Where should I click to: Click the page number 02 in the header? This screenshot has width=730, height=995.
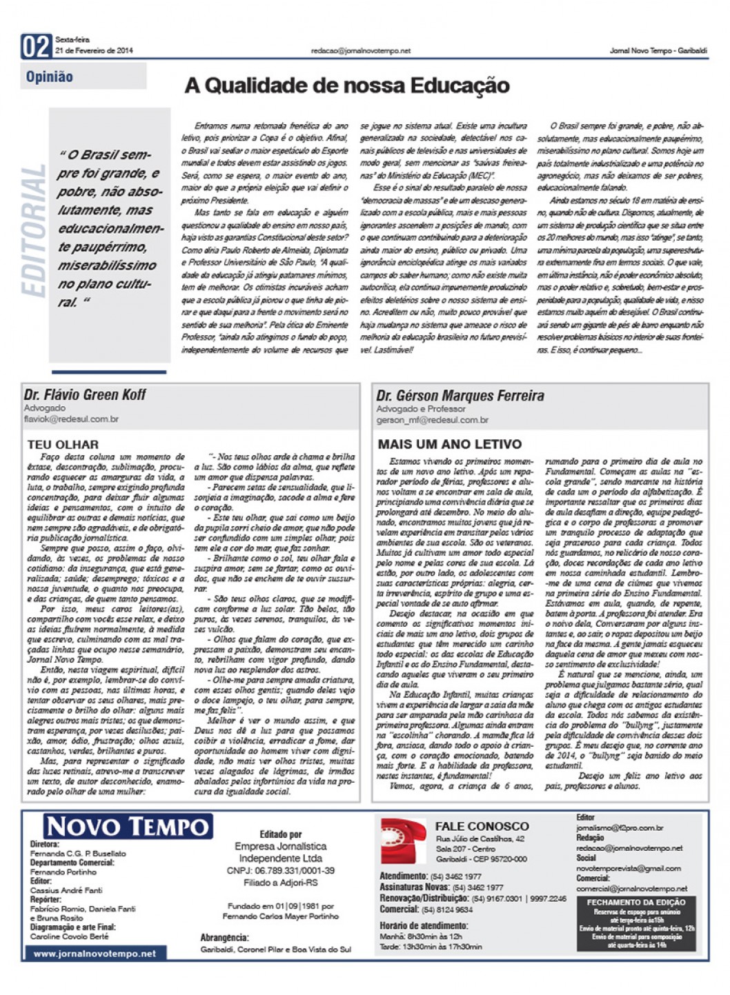[36, 46]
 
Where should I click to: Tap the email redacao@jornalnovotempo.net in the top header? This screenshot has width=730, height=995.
[360, 50]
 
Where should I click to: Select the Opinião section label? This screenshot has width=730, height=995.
[50, 77]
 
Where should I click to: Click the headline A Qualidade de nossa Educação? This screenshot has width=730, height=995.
[347, 86]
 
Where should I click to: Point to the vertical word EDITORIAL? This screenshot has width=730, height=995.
[34, 231]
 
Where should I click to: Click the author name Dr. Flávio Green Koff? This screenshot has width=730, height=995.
[85, 395]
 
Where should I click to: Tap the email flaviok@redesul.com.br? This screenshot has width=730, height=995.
[71, 419]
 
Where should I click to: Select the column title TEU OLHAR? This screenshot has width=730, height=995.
[63, 445]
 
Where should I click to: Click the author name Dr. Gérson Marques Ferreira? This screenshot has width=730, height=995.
[460, 396]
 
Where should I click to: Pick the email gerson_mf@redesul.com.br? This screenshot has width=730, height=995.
[432, 420]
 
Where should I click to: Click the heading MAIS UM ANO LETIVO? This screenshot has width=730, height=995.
[449, 444]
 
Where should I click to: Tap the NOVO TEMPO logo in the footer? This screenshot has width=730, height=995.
[128, 826]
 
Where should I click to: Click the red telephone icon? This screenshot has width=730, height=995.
[403, 841]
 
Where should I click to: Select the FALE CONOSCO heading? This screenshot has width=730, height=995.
[482, 826]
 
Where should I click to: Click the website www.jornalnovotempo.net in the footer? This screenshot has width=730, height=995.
[95, 954]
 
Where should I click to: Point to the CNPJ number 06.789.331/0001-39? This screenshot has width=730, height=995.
[280, 871]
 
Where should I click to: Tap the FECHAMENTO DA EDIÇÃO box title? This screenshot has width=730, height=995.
[636, 902]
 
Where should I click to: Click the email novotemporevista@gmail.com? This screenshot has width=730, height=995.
[629, 868]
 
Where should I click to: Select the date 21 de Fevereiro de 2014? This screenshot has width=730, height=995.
[94, 50]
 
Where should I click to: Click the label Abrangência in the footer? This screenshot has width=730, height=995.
[224, 938]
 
